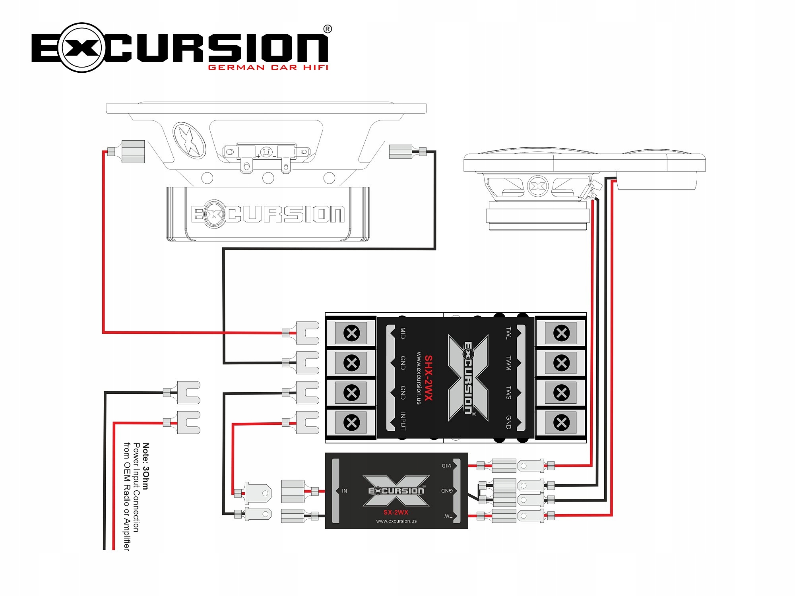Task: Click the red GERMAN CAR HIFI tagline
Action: point(268,68)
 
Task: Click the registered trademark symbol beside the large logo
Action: point(328,29)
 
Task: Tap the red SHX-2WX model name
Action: point(428,378)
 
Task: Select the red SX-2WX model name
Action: point(396,512)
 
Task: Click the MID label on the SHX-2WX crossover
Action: point(403,333)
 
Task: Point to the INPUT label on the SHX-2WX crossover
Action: point(403,421)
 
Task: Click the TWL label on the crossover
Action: point(508,333)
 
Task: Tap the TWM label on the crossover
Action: point(508,363)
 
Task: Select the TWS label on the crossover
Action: point(508,393)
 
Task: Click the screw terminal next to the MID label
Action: point(351,333)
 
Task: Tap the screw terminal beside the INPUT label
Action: point(351,422)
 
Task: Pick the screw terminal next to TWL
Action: point(561,333)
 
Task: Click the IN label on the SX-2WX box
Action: point(345,491)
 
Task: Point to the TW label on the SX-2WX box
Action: point(448,516)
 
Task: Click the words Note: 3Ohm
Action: point(146,466)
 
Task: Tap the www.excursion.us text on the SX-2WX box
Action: point(396,521)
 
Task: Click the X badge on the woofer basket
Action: point(190,140)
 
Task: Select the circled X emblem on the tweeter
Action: point(537,186)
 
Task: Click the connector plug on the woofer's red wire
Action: point(133,151)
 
